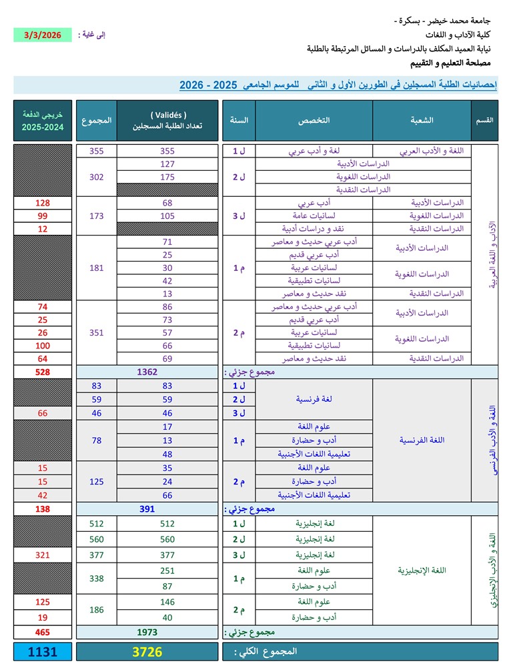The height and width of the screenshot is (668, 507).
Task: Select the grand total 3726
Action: pyautogui.click(x=147, y=652)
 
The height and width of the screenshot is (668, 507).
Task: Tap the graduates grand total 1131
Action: pyautogui.click(x=42, y=652)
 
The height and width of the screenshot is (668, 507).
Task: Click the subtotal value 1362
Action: pyautogui.click(x=147, y=372)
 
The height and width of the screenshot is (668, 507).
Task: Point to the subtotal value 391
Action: pyautogui.click(x=147, y=509)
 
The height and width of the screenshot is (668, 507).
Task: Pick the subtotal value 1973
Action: pyautogui.click(x=147, y=632)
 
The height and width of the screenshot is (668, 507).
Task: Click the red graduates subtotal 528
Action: pyautogui.click(x=42, y=372)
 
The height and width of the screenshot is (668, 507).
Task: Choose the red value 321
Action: pyautogui.click(x=42, y=555)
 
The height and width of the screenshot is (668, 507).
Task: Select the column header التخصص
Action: pyautogui.click(x=314, y=120)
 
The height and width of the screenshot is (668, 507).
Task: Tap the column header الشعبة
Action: pyautogui.click(x=422, y=120)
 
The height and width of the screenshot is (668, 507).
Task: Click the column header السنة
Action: pyautogui.click(x=239, y=120)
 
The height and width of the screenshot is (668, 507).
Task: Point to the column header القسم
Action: pyautogui.click(x=485, y=120)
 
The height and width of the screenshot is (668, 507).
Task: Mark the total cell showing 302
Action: pyautogui.click(x=97, y=177)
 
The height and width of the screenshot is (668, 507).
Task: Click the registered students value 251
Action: pyautogui.click(x=167, y=571)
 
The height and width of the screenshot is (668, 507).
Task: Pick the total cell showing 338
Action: pyautogui.click(x=97, y=579)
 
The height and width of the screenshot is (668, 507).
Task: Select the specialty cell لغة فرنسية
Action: pyautogui.click(x=314, y=399)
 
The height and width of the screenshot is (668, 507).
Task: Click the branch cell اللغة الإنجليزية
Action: pyautogui.click(x=422, y=571)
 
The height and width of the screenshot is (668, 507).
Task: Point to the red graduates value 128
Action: pyautogui.click(x=42, y=202)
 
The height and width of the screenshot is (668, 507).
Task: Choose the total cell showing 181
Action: pyautogui.click(x=97, y=268)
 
